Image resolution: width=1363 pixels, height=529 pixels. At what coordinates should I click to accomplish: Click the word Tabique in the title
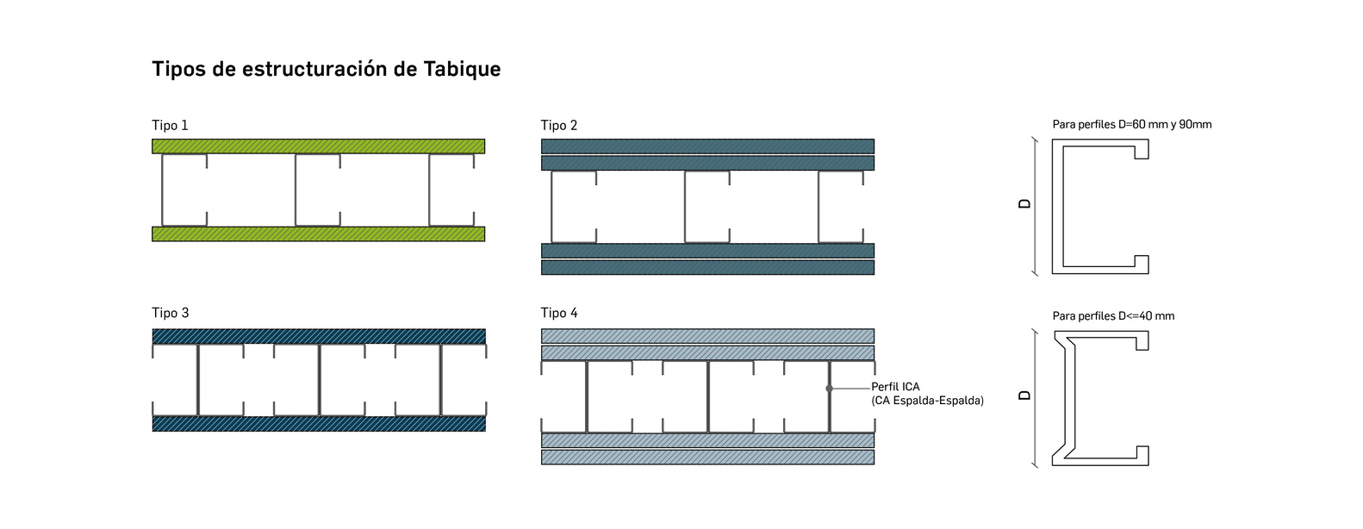462,69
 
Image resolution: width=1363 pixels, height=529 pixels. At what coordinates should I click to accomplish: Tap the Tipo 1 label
170,126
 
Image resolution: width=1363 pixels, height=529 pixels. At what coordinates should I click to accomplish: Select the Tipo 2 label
559,126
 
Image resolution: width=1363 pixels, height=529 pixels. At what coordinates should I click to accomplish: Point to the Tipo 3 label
171,313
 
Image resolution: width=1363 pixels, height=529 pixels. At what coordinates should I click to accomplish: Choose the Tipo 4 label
559,313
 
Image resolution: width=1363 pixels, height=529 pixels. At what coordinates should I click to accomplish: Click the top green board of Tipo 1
318,146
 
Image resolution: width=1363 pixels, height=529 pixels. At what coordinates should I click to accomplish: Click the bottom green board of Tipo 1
318,233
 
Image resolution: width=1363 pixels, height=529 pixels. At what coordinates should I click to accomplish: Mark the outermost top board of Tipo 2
707,146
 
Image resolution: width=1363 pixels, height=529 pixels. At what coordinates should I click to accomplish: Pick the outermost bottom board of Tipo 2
707,267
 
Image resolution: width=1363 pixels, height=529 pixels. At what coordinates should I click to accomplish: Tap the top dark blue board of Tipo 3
318,336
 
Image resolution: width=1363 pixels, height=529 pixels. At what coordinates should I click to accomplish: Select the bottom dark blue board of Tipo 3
318,424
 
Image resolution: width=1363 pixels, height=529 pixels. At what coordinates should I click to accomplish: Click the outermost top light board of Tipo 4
707,336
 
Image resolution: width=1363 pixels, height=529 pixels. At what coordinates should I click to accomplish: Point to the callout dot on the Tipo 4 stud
829,389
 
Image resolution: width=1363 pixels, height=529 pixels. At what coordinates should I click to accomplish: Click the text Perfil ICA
895,387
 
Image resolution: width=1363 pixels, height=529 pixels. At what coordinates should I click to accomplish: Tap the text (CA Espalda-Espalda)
927,401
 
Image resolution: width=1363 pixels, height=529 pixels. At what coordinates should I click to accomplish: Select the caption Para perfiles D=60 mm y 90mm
1131,124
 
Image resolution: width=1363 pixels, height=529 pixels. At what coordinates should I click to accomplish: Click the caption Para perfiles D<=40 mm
1113,316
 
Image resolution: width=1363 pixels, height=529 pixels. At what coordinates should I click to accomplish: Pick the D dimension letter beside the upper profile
1024,204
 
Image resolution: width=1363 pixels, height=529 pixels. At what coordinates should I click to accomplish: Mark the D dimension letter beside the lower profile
1024,395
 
